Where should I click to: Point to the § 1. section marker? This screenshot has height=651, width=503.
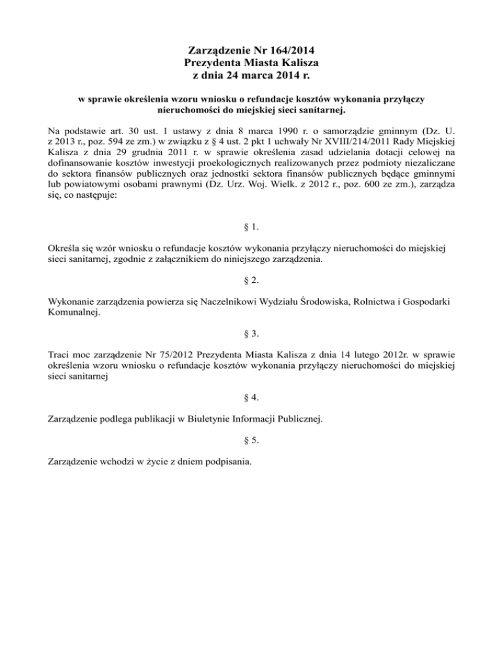point(251,228)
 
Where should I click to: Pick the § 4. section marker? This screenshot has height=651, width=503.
point(251,399)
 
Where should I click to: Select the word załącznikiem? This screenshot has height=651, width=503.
point(202,259)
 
